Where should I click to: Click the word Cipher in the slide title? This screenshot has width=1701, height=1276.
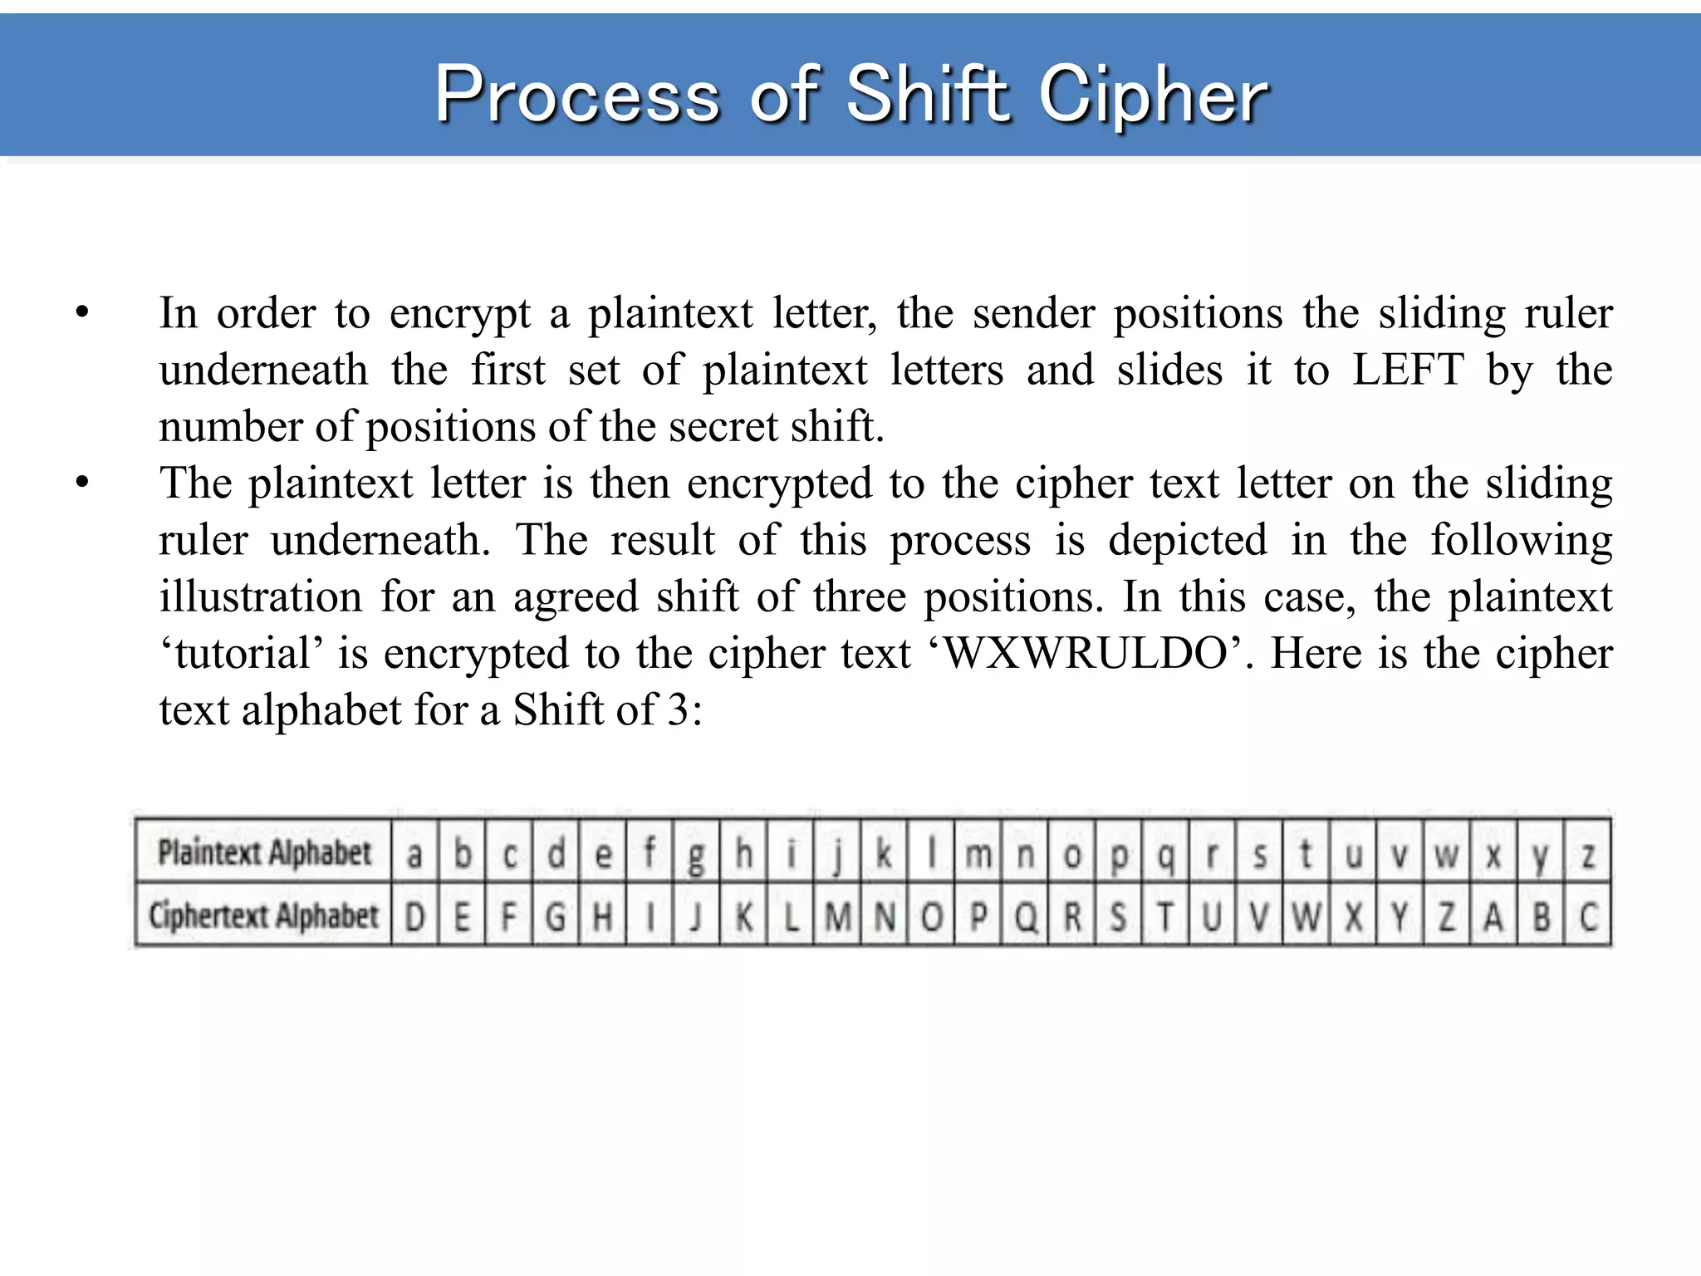point(1154,96)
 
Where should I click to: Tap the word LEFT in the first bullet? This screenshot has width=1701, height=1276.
point(1407,370)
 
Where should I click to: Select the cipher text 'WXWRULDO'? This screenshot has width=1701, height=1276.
point(1088,654)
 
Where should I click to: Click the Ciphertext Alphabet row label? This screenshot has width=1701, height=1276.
point(263,916)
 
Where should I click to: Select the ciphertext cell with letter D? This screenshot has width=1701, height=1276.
point(414,917)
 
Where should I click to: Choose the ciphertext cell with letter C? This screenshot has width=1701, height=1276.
point(1588,917)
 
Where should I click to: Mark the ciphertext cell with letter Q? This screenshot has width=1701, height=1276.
point(1026,917)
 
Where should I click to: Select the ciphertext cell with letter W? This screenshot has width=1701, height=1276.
point(1306,917)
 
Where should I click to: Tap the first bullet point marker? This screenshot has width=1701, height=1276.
point(81,313)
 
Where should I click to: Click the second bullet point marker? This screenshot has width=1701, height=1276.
point(81,483)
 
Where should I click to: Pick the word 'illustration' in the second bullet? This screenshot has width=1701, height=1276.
point(261,597)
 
